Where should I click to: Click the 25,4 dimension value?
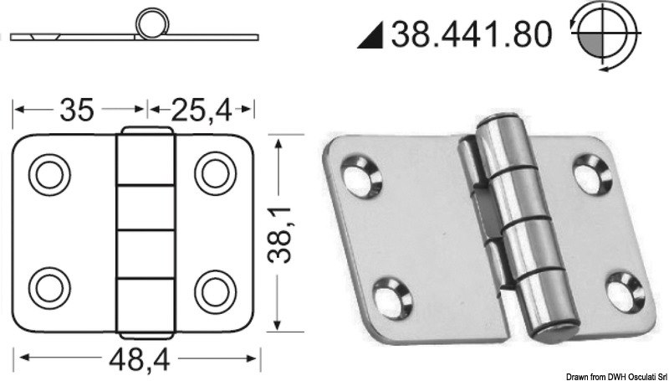(202, 108)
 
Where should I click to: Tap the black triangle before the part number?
(375, 36)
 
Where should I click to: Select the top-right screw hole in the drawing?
(212, 172)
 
